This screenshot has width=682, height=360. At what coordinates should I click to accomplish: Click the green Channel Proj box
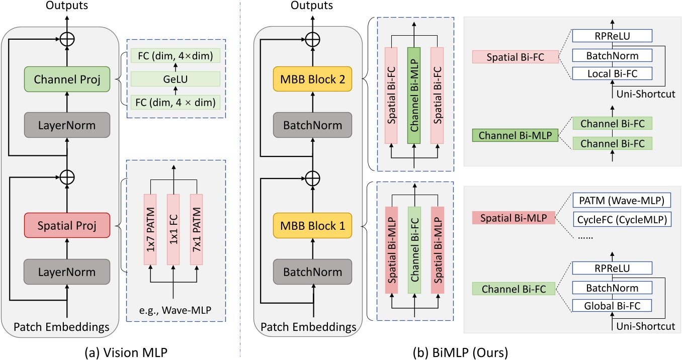67,79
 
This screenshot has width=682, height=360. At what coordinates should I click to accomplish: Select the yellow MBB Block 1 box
312,226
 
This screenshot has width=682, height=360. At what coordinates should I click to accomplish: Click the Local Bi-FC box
612,74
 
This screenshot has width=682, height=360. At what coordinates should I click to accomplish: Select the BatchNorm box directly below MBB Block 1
312,272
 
